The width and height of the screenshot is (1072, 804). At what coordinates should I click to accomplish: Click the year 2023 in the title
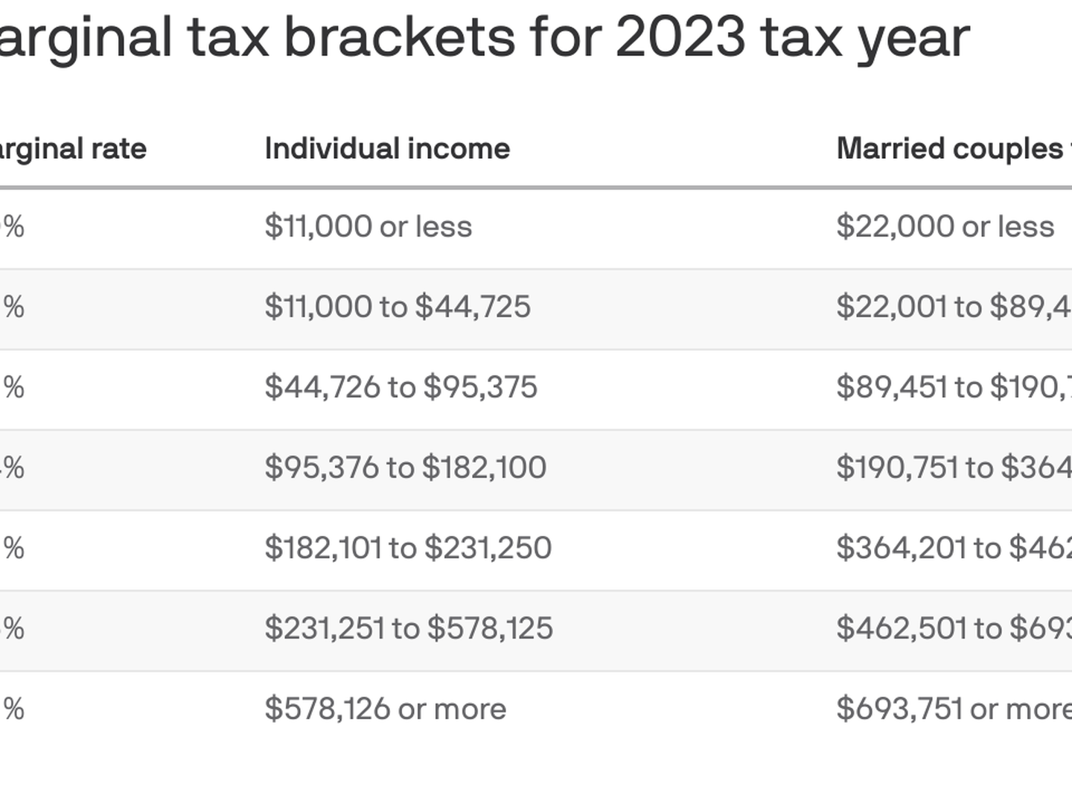tap(680, 37)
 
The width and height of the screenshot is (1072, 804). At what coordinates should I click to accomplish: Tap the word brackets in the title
tap(400, 37)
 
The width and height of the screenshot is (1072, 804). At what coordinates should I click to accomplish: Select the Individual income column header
tap(387, 149)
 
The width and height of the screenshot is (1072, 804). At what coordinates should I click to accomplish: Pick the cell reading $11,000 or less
tap(368, 226)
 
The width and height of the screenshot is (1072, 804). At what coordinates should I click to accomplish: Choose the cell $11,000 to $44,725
tap(398, 307)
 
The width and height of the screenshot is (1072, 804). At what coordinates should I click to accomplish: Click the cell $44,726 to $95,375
tap(401, 387)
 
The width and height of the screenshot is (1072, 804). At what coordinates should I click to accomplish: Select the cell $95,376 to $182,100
tap(405, 468)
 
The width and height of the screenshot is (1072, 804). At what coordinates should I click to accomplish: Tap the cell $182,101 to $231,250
tap(408, 548)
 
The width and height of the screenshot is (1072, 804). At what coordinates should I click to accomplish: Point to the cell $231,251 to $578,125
tap(409, 628)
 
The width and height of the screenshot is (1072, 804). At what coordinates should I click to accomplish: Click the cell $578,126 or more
tap(385, 709)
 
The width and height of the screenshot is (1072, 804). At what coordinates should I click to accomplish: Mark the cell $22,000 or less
tap(945, 226)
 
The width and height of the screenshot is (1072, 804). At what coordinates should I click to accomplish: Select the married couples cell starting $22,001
tap(954, 307)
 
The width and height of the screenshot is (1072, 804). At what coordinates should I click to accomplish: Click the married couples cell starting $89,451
tap(954, 387)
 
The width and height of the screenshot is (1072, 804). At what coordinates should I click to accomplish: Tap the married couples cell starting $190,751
tap(954, 468)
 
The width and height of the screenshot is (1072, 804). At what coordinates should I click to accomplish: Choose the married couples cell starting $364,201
tap(954, 548)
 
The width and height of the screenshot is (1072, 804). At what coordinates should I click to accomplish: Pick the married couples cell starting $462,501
tap(954, 628)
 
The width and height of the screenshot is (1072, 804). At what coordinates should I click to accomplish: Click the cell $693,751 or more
tap(954, 709)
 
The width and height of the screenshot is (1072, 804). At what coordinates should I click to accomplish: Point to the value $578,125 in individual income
tap(490, 628)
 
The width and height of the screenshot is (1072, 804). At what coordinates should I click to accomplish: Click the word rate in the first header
tap(119, 149)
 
